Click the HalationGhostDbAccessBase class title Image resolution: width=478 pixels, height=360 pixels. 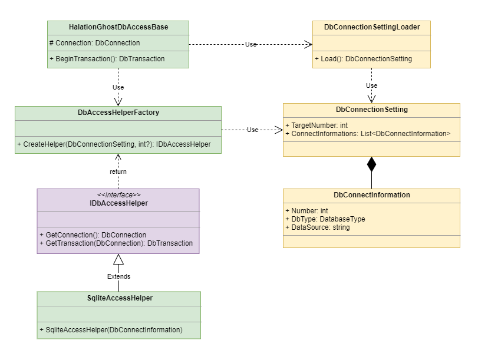[118, 27]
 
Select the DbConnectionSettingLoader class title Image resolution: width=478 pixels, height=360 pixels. [372, 27]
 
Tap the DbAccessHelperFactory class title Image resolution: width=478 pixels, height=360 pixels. [118, 113]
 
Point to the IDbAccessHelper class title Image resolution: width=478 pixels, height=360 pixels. [118, 203]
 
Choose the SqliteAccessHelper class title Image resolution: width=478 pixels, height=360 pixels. [120, 298]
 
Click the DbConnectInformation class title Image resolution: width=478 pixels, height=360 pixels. [371, 195]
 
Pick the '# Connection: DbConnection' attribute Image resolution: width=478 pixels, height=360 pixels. [94, 43]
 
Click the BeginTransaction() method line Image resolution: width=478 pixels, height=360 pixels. [107, 59]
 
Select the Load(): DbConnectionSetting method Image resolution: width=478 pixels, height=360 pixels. [364, 59]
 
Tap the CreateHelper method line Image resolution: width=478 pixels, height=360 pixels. [114, 144]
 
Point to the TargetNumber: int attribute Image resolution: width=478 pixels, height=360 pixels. [317, 125]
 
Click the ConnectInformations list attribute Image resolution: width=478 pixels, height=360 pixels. [368, 134]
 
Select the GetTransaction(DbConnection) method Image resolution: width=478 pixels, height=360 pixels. [116, 243]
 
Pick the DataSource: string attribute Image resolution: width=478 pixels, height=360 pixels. [317, 227]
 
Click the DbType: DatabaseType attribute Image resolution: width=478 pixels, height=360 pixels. [325, 219]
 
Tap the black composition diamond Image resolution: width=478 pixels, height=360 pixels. [371, 164]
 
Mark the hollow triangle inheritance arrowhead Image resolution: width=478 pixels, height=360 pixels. [118, 259]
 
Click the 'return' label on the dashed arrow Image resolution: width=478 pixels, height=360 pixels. [118, 171]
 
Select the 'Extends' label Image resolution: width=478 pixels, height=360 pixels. [118, 276]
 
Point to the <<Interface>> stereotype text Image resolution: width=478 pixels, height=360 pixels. [119, 195]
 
